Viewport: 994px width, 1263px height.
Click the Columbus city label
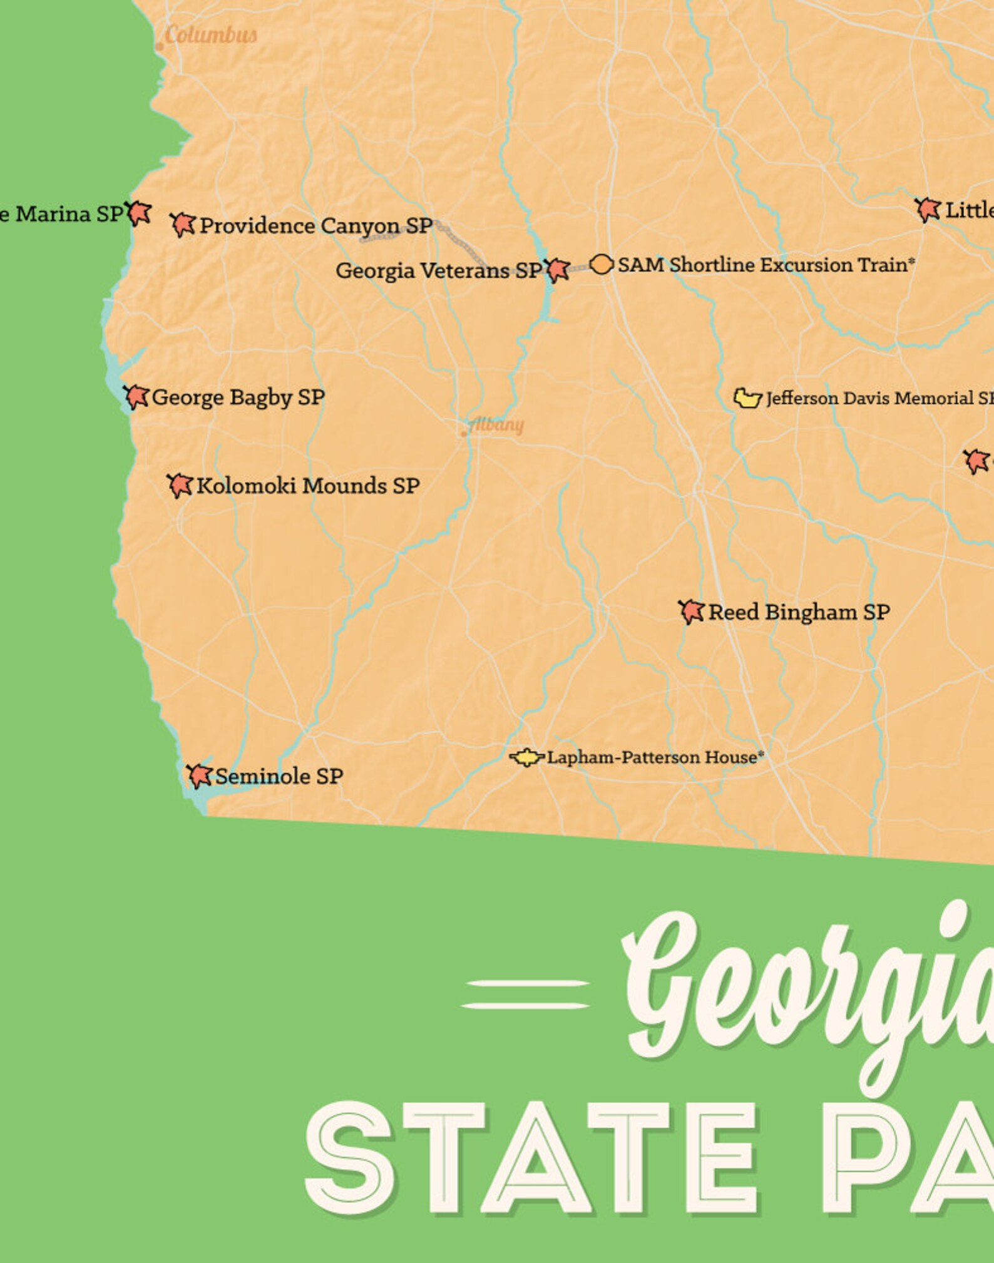pos(211,35)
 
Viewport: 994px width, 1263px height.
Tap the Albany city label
pos(496,425)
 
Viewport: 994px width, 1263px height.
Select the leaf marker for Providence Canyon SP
pos(183,225)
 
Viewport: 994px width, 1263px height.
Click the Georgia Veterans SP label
pos(439,271)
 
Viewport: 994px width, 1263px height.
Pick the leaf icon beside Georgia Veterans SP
pos(556,270)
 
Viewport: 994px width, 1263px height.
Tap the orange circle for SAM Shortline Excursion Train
pos(601,265)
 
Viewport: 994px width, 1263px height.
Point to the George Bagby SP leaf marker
pos(136,397)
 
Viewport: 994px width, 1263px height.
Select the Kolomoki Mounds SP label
pos(308,486)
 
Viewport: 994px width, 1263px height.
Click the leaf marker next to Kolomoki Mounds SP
pos(180,486)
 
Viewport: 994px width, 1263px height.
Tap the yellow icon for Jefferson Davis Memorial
pos(747,398)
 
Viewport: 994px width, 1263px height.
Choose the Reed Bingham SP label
pos(799,612)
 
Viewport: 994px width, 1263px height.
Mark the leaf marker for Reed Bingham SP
pos(692,611)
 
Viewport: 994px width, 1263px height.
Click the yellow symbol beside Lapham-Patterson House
pos(526,757)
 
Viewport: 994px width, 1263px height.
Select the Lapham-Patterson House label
pos(655,757)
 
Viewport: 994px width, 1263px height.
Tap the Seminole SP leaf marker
pos(200,776)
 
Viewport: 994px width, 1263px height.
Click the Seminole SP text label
pos(279,777)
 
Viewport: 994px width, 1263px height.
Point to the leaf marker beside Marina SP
pos(138,213)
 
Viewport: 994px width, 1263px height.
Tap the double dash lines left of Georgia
pos(526,995)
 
